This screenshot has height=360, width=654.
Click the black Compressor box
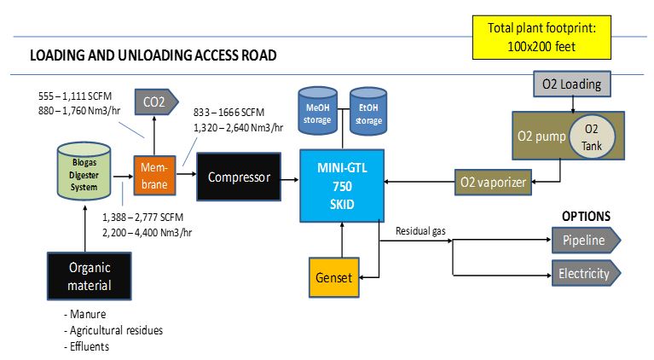pyautogui.click(x=239, y=178)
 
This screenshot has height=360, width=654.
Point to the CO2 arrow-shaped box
pyautogui.click(x=155, y=103)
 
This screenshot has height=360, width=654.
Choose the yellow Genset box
pyautogui.click(x=333, y=277)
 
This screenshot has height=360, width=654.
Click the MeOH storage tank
pyautogui.click(x=318, y=112)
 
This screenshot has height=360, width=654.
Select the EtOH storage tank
pyautogui.click(x=368, y=112)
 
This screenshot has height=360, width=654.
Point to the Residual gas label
pyautogui.click(x=421, y=231)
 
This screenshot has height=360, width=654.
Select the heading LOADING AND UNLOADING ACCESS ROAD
pyautogui.click(x=153, y=56)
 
